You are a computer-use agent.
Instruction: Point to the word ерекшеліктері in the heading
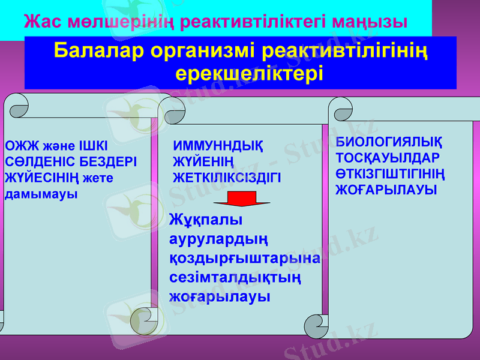click(249, 73)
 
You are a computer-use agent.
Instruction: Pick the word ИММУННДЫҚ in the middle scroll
click(218, 146)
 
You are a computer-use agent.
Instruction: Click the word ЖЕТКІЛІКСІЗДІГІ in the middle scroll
click(227, 178)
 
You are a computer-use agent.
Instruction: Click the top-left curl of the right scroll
click(340, 110)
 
